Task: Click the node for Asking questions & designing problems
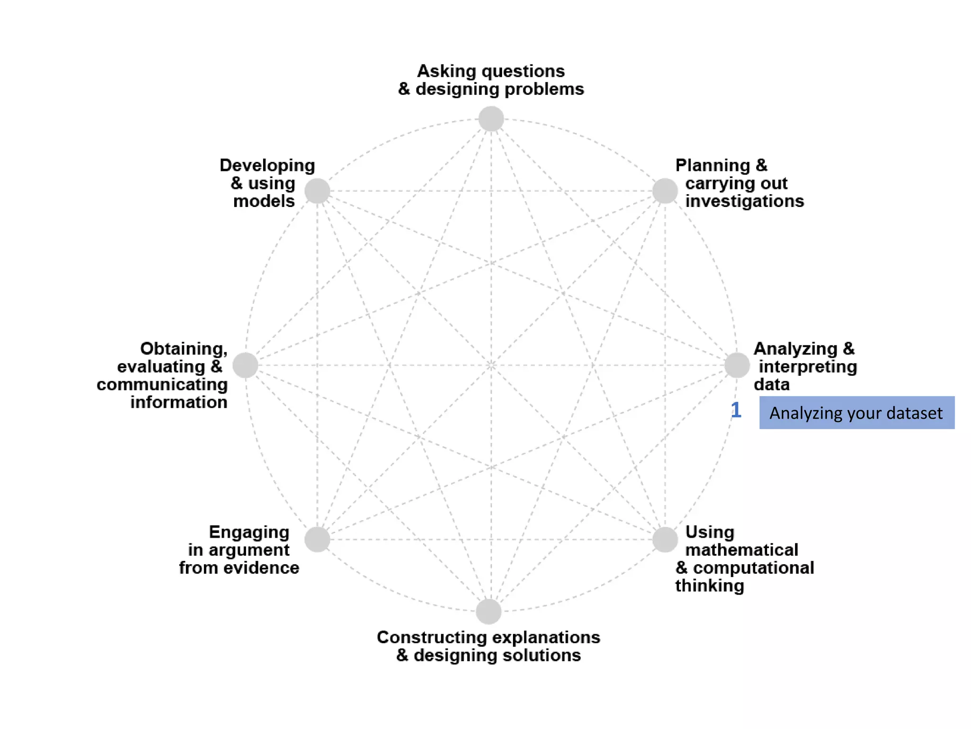[x=491, y=119]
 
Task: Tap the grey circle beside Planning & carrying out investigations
[x=665, y=191]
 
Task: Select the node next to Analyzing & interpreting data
[x=737, y=365]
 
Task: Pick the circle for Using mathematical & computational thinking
[x=665, y=540]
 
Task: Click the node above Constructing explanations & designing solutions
[x=489, y=611]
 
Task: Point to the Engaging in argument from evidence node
[x=317, y=540]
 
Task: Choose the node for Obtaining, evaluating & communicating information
[x=245, y=365]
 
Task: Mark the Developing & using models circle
[x=317, y=191]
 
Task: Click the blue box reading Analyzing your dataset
[x=856, y=413]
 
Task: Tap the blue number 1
[x=735, y=410]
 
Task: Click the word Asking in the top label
[x=446, y=71]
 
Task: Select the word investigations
[x=744, y=201]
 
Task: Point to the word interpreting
[x=808, y=366]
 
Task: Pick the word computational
[x=753, y=568]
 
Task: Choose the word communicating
[x=162, y=384]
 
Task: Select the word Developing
[x=267, y=166]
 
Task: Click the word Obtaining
[x=184, y=349]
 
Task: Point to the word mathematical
[x=742, y=550]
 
